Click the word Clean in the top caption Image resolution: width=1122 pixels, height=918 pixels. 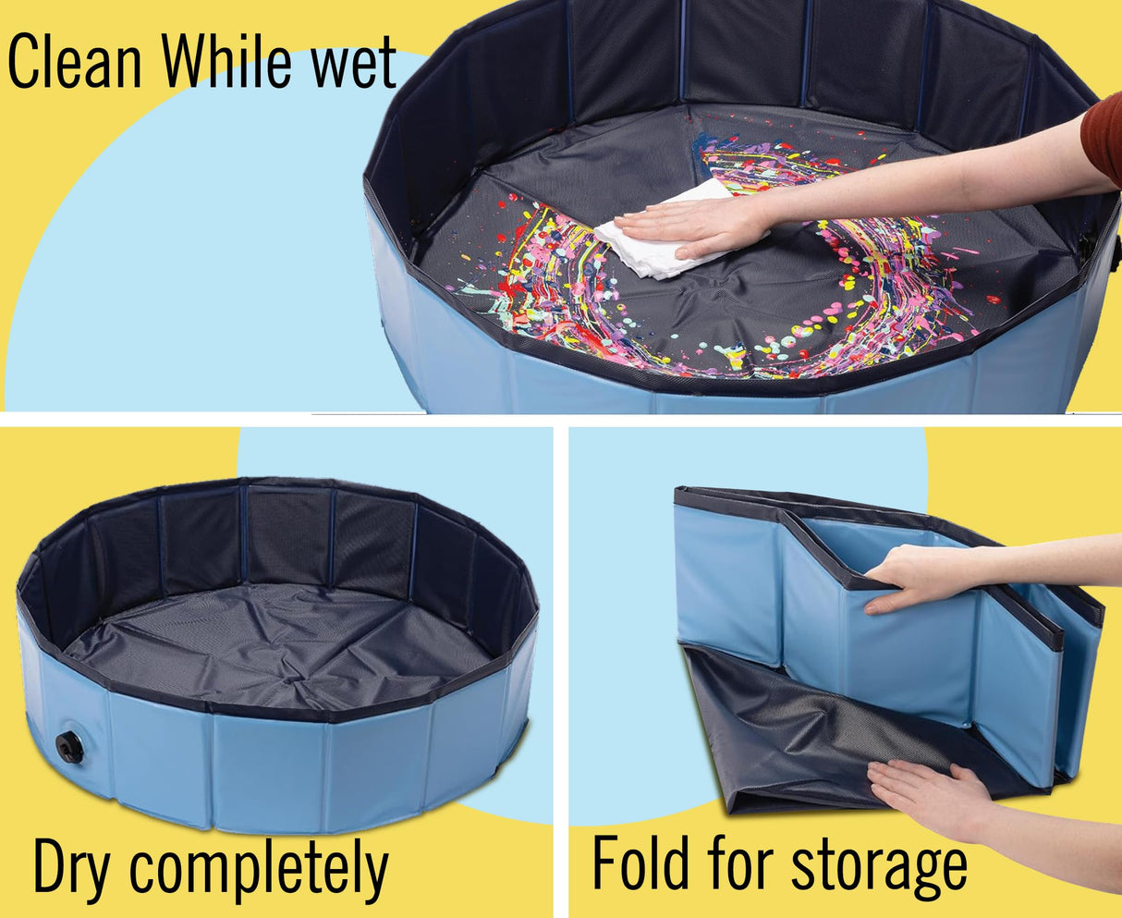[x=75, y=61]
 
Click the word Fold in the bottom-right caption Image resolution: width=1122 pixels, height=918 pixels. [x=640, y=863]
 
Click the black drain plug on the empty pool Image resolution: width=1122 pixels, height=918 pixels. [x=69, y=747]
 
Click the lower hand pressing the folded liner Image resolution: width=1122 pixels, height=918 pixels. [x=928, y=796]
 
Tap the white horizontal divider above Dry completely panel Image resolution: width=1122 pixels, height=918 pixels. [x=276, y=420]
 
